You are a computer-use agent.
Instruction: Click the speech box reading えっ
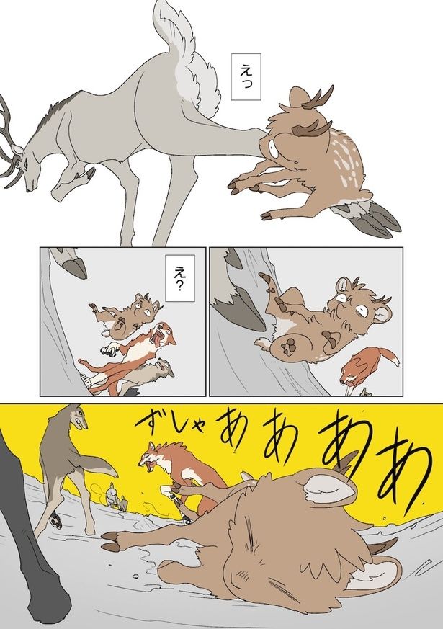point(246,76)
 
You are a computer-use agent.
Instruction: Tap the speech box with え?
point(179,278)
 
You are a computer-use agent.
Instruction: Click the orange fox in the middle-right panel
point(367,367)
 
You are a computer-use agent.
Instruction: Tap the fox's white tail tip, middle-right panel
point(394,360)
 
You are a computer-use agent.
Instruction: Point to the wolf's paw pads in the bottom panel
point(56,521)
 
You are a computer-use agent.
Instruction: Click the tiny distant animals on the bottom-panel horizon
point(116,498)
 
